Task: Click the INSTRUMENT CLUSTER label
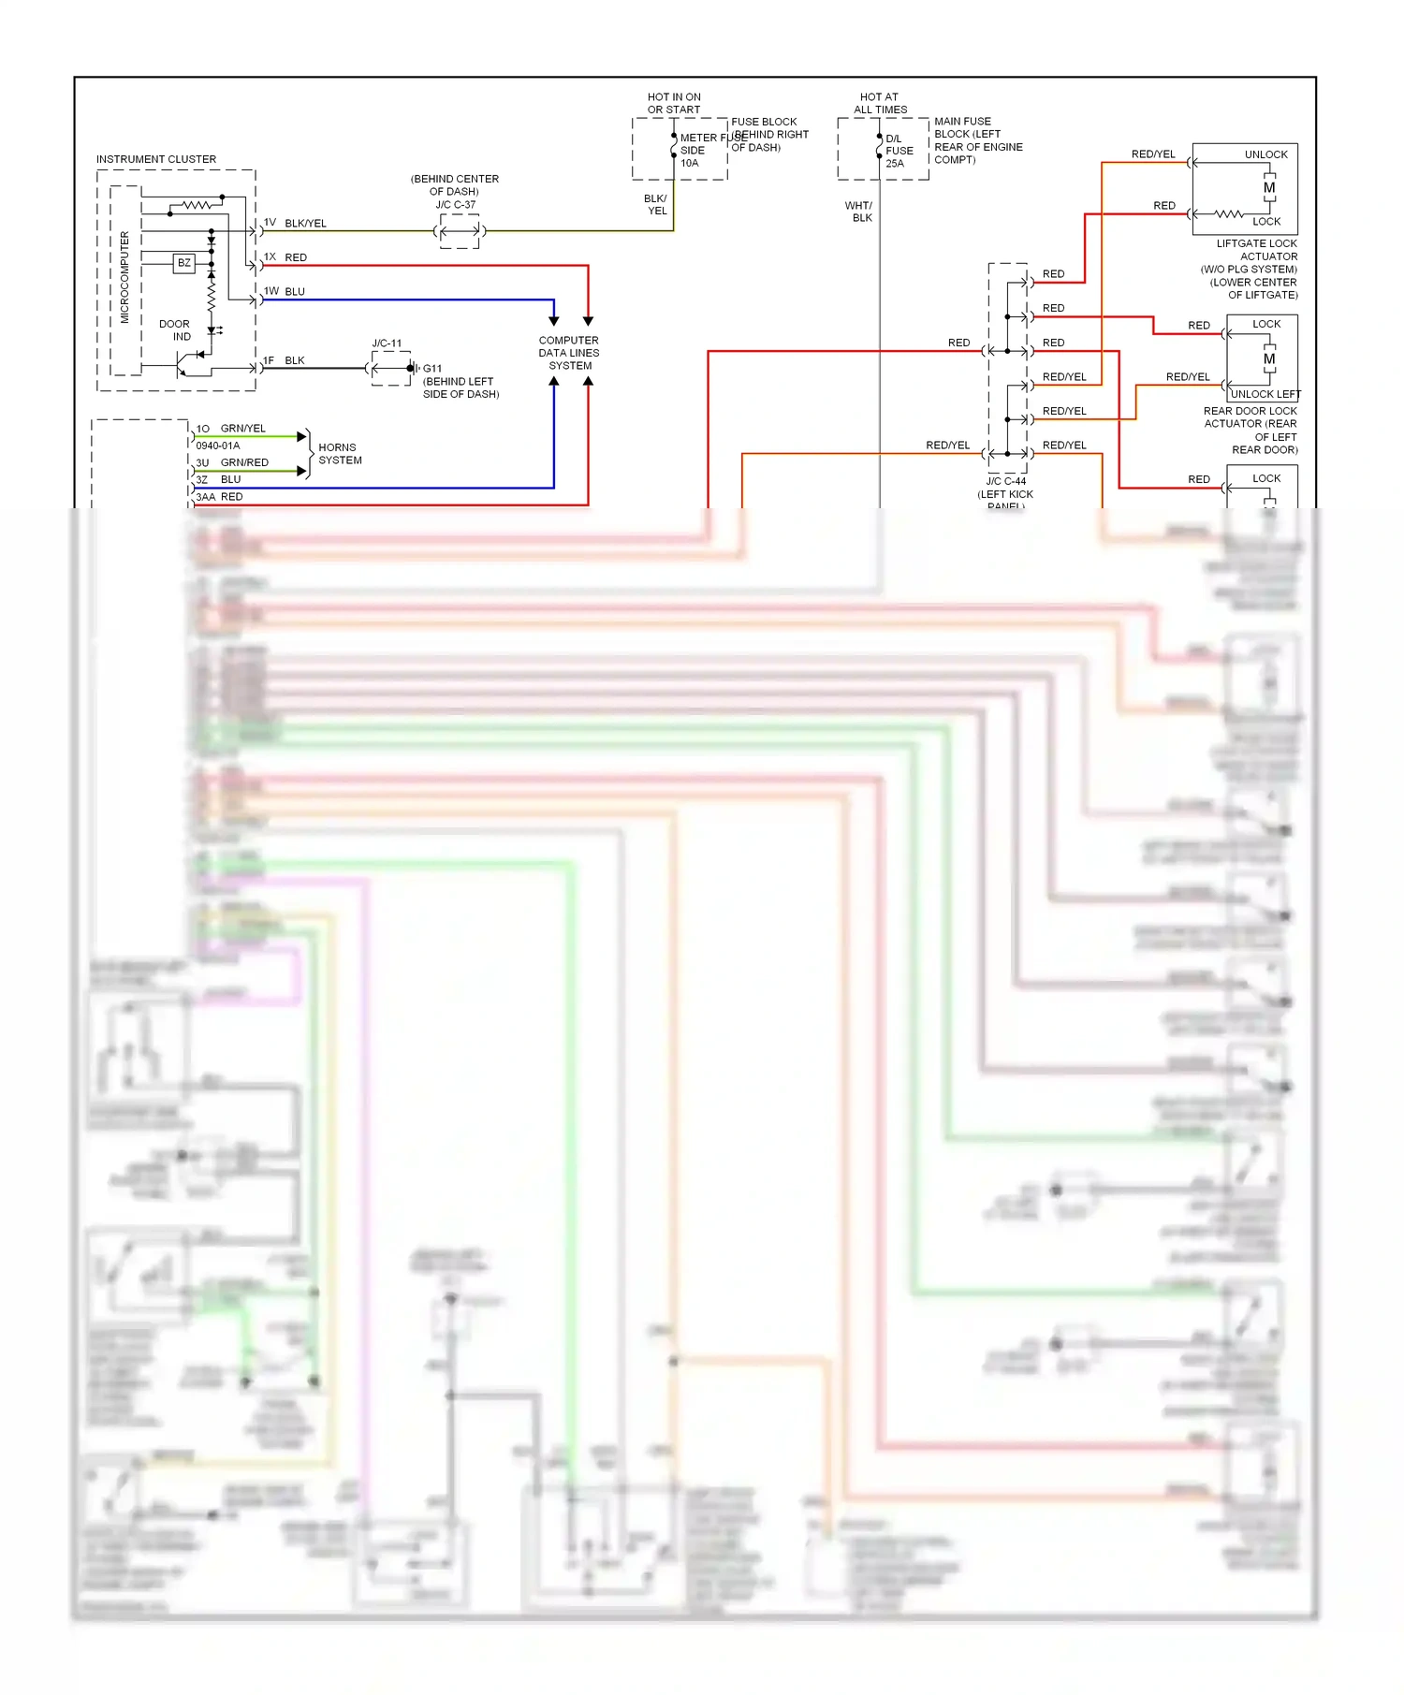point(155,159)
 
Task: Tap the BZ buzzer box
point(184,263)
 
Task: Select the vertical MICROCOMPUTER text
point(124,277)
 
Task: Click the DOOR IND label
point(175,330)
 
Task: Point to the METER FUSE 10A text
point(697,150)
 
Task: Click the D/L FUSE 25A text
point(899,151)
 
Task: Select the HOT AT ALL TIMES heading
point(879,103)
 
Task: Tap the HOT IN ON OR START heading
point(674,103)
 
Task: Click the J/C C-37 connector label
point(455,205)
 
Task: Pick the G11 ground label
point(431,369)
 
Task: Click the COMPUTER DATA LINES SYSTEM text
point(569,353)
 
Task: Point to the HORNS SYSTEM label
point(340,454)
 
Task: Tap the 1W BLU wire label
point(285,291)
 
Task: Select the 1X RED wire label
point(285,256)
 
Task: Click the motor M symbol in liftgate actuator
point(1269,188)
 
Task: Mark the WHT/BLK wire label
point(858,212)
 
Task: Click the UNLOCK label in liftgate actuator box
point(1265,154)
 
